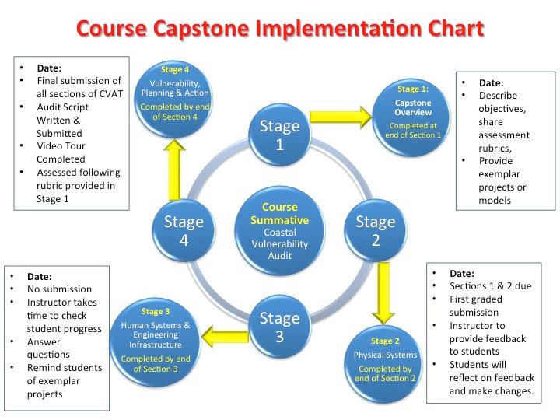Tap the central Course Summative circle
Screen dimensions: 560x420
coord(280,231)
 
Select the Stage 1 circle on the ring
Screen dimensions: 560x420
coord(280,135)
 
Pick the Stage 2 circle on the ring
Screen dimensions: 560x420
coord(376,230)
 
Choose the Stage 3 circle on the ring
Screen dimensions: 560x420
coord(280,327)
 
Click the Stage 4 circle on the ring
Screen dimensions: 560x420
coord(184,230)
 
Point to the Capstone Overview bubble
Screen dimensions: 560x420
coord(411,117)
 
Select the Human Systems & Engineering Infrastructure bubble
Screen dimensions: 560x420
coord(156,342)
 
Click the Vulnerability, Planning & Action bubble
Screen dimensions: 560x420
coord(174,99)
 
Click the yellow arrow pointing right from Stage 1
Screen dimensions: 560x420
coord(341,117)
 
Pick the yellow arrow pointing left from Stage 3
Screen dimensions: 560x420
coord(225,337)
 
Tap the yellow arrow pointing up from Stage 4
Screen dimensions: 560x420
coord(174,170)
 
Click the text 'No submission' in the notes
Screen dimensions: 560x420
coord(59,289)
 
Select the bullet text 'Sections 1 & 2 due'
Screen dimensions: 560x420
coord(490,286)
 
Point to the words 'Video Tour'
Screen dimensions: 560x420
coord(61,146)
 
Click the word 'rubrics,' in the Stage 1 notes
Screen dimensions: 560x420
coord(495,149)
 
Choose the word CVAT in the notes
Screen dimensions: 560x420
coord(110,94)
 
